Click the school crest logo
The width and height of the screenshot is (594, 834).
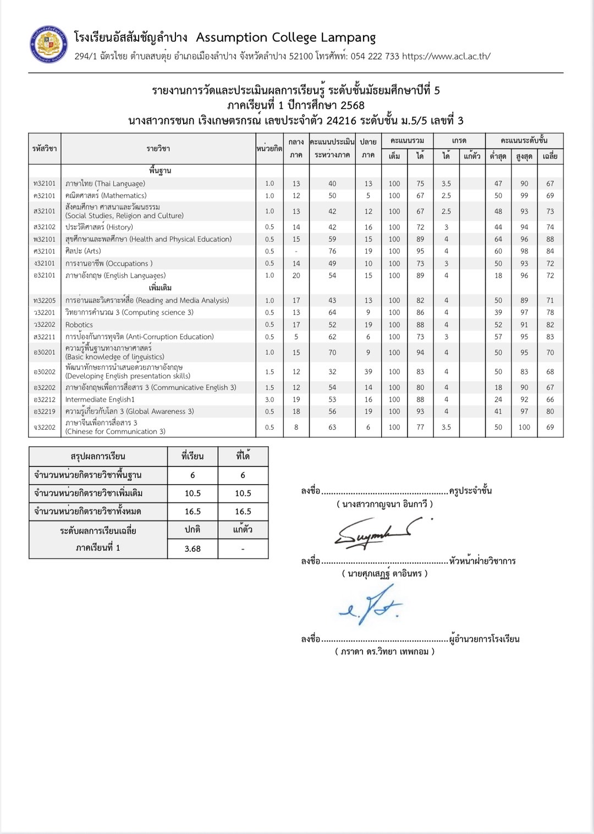[x=48, y=45]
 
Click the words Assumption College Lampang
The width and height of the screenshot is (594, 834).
[x=285, y=37]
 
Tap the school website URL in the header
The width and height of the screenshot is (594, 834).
[x=446, y=56]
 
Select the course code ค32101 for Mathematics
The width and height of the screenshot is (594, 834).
[x=44, y=196]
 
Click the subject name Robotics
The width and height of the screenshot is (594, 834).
[x=79, y=325]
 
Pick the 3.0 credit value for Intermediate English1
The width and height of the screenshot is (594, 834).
[x=269, y=399]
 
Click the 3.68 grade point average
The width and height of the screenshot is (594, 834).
[x=193, y=549]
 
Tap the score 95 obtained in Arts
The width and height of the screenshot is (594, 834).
[x=420, y=251]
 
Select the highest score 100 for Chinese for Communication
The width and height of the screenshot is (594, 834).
[x=524, y=427]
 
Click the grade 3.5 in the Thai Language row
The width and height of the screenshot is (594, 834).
[x=446, y=184]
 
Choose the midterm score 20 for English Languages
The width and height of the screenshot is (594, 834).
[x=296, y=276]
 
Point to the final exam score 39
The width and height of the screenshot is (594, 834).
[x=368, y=372]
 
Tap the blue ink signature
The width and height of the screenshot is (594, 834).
[x=372, y=605]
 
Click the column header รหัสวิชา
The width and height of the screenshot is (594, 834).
[x=45, y=149]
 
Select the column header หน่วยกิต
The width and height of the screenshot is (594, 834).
[x=269, y=149]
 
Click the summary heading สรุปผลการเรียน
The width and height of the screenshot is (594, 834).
[x=98, y=457]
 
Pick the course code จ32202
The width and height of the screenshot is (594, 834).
[x=44, y=427]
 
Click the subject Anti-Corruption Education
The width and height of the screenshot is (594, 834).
[x=139, y=337]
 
